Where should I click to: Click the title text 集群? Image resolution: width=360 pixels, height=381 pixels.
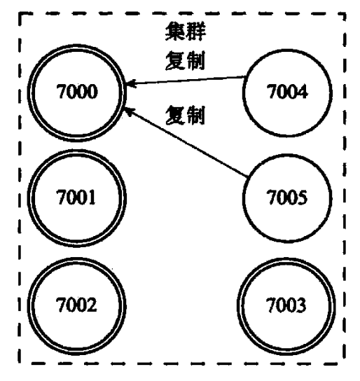pos(186,31)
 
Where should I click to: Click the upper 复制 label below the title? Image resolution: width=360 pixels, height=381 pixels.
pos(185,60)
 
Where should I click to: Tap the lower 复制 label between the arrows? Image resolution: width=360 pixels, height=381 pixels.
pos(185,115)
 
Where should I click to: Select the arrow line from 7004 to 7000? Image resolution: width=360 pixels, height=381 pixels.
pos(186,81)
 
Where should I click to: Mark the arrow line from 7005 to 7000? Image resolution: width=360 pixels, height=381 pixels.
pos(186,142)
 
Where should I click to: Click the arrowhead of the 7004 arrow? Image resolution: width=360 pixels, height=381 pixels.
pos(130,83)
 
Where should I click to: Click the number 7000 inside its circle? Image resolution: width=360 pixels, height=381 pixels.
pos(77,92)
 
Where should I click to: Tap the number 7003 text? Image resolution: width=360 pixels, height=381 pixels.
pos(286,305)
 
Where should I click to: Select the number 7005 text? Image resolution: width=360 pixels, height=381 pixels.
pos(287,197)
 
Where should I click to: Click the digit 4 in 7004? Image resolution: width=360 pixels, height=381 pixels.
pos(302,92)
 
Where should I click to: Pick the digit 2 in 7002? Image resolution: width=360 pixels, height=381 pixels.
pos(92,305)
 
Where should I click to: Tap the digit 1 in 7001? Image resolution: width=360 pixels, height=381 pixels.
pos(91,197)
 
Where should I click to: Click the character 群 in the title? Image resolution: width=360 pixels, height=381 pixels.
pos(196,31)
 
